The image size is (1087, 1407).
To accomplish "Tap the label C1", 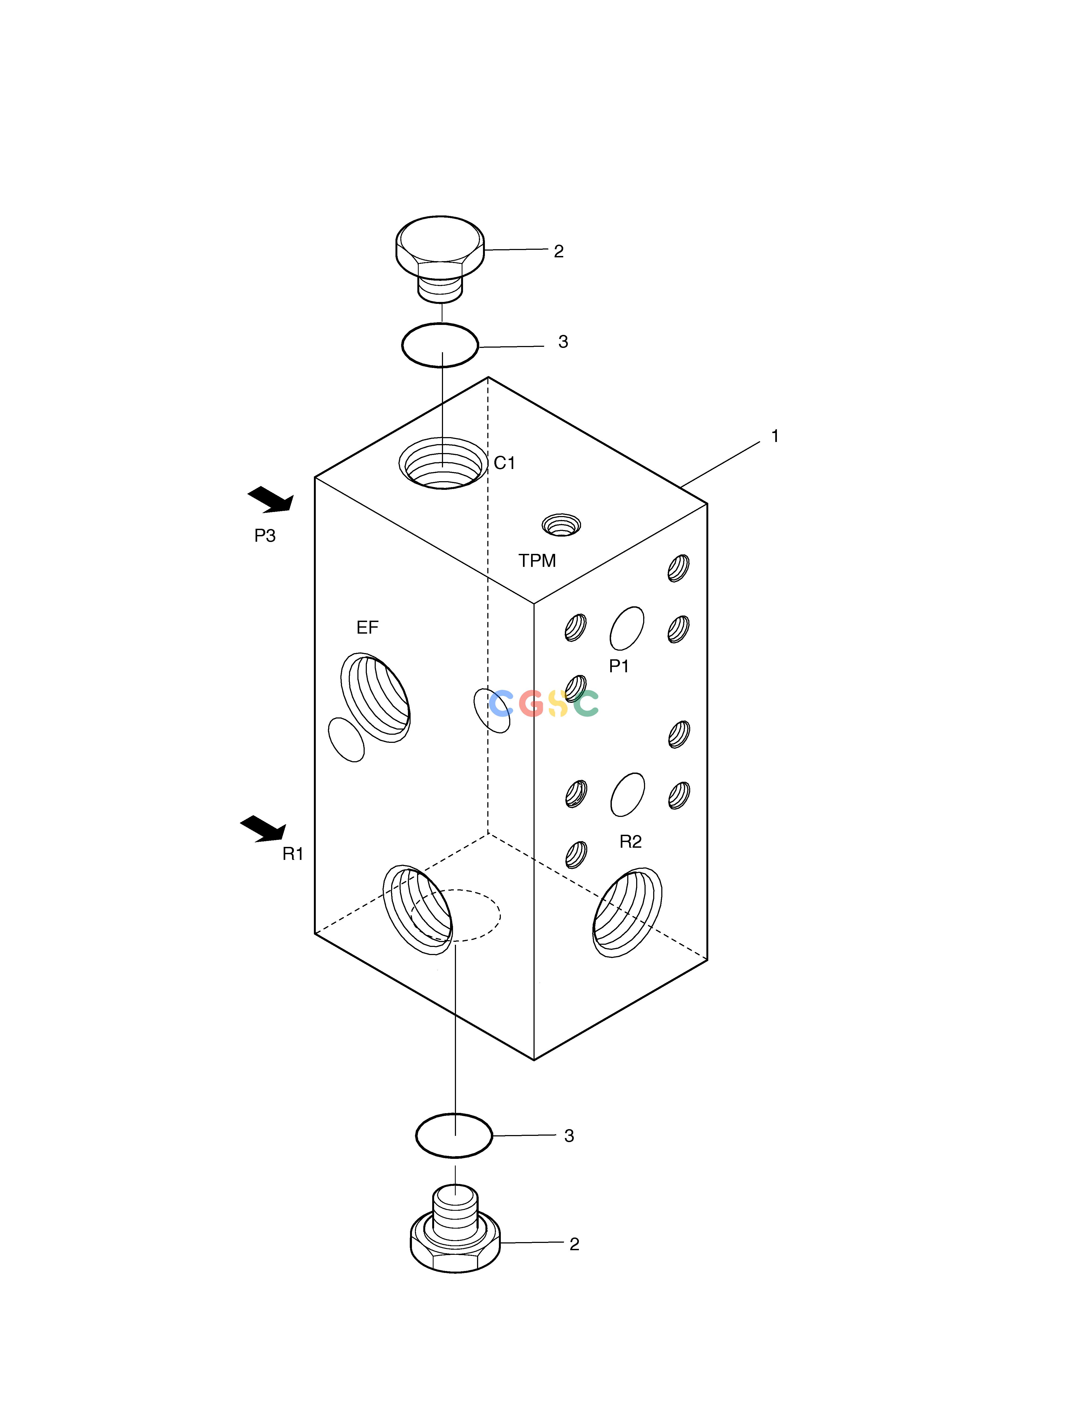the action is [x=505, y=463].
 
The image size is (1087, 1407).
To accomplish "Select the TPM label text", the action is [x=537, y=560].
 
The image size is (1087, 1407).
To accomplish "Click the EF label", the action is [x=367, y=627].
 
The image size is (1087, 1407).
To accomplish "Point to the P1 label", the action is [x=619, y=666].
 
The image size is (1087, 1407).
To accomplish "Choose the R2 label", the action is [x=630, y=841].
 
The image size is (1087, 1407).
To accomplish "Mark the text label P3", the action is [x=265, y=536].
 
